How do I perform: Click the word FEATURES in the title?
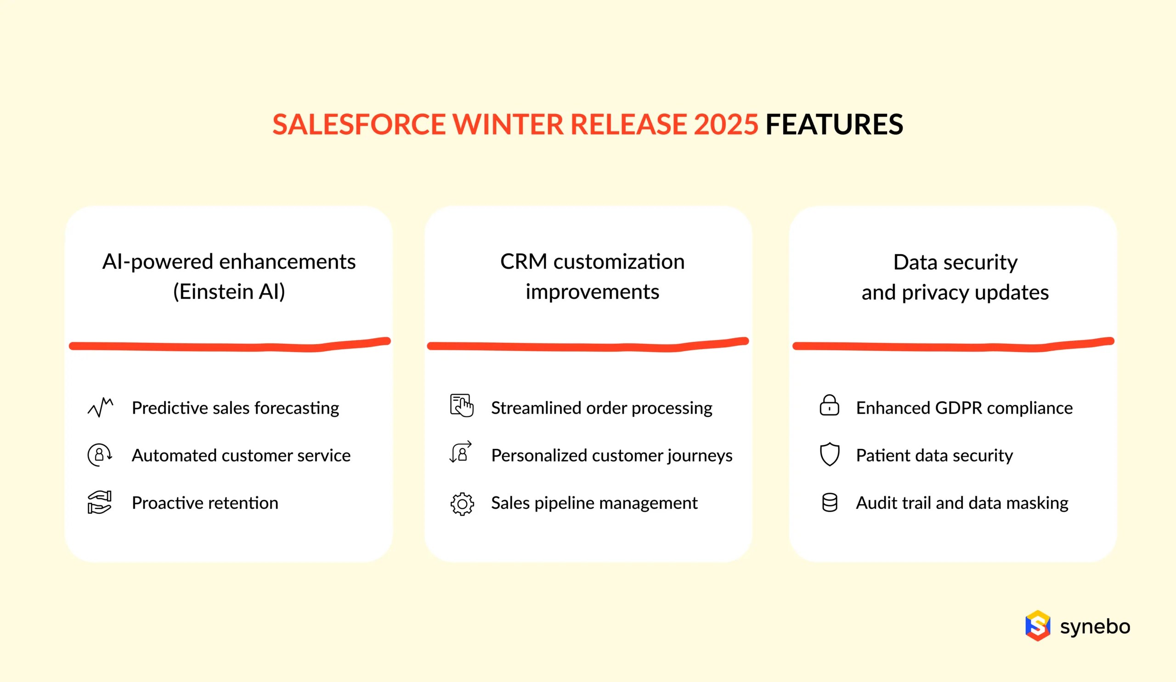click(x=834, y=125)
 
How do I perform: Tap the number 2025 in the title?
click(x=726, y=125)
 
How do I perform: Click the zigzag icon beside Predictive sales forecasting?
click(x=100, y=408)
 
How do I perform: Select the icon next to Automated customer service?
click(x=99, y=455)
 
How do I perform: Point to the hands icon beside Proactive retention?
click(x=99, y=502)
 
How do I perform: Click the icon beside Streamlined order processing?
click(x=462, y=406)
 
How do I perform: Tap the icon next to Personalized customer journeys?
click(x=461, y=452)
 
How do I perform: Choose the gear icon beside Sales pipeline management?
click(x=462, y=504)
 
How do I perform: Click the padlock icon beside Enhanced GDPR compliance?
click(x=829, y=406)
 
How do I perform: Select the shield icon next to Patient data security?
click(x=829, y=454)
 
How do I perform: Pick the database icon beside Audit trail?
click(x=829, y=503)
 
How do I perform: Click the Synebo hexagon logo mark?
click(x=1037, y=625)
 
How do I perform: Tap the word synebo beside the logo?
click(x=1095, y=627)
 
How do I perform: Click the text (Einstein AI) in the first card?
click(x=229, y=292)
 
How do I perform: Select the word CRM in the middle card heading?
click(x=523, y=261)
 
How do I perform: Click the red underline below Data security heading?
click(x=953, y=346)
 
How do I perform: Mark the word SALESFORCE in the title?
click(x=358, y=125)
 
